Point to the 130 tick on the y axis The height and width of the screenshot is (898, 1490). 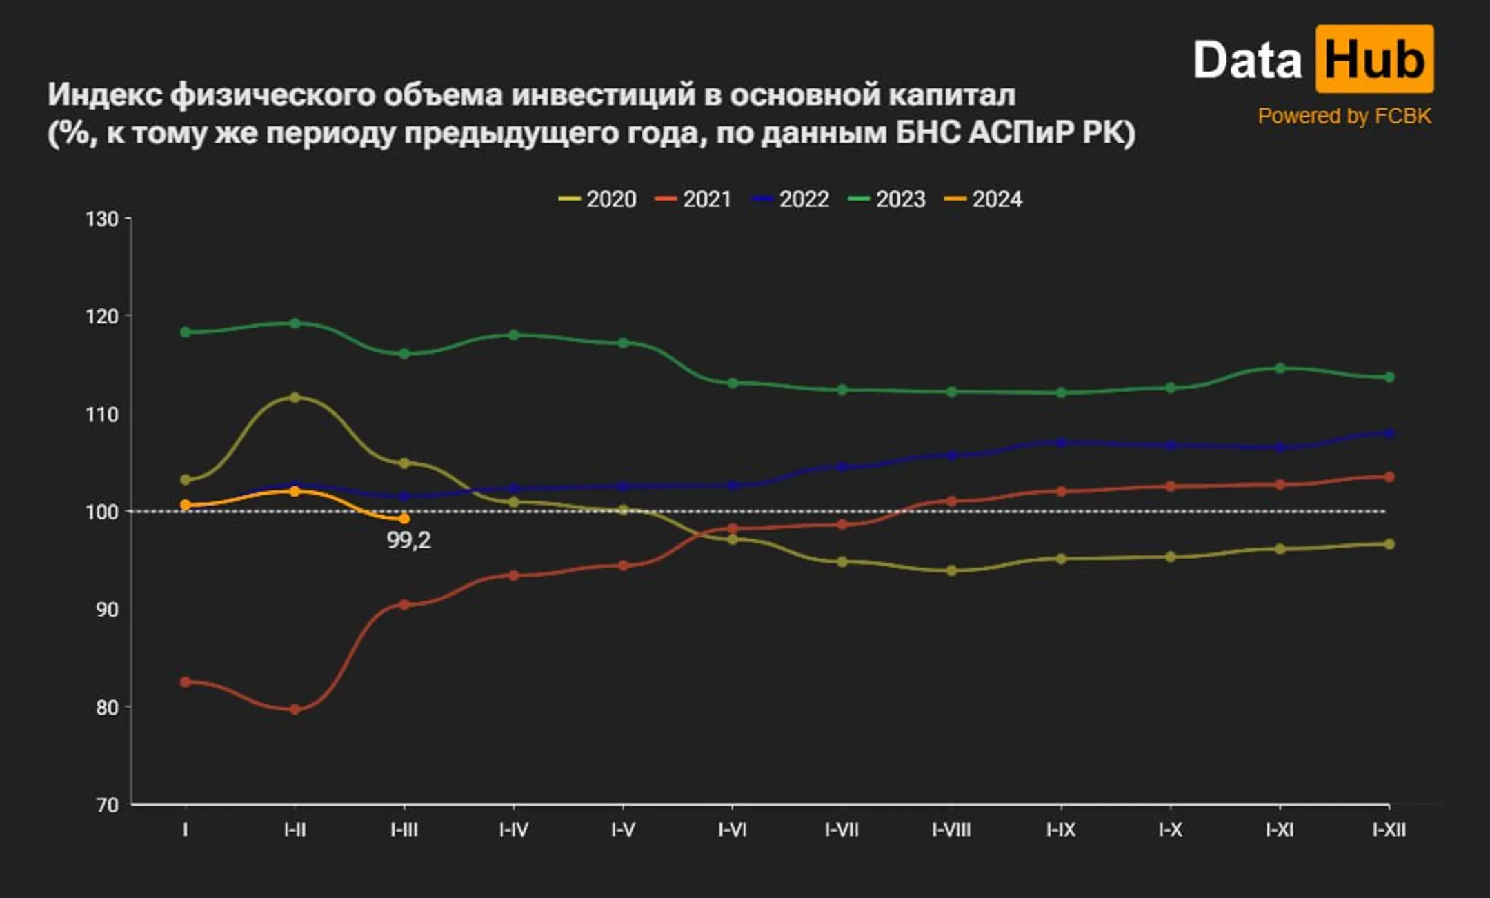[x=101, y=219]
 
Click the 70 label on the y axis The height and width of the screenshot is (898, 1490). [x=107, y=805]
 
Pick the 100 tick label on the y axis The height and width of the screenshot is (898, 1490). [x=101, y=512]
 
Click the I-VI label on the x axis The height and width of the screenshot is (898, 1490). [x=732, y=830]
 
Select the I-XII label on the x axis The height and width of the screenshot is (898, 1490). [x=1389, y=830]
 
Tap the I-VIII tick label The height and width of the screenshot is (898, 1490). [x=951, y=830]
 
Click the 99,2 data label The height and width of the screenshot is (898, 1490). [x=408, y=540]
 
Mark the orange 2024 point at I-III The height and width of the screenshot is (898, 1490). [x=404, y=519]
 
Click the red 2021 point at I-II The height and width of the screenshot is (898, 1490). [x=295, y=709]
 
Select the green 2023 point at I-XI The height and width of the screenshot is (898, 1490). [x=1280, y=368]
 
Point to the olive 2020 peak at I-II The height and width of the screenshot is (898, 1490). [x=295, y=397]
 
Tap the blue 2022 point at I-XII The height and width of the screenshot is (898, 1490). [x=1389, y=433]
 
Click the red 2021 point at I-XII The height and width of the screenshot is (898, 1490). [x=1389, y=477]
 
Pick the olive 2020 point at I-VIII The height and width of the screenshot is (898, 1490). [x=952, y=570]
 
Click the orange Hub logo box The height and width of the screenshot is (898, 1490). [x=1374, y=59]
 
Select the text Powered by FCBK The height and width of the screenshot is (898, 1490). [x=1344, y=116]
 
